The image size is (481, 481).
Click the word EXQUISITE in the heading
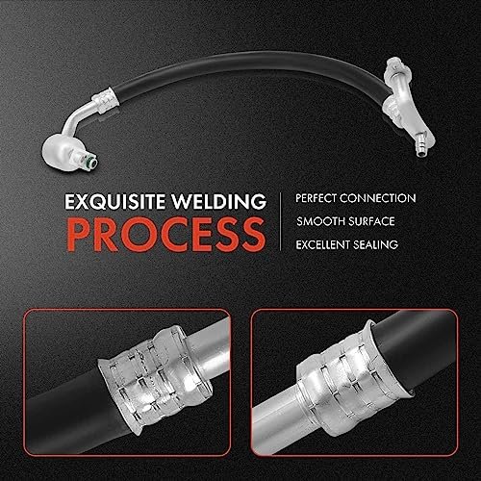point(115,201)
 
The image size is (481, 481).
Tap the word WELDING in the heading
point(218,201)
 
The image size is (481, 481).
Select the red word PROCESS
point(166,235)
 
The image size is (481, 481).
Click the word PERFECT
point(316,198)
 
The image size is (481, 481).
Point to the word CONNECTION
point(378,198)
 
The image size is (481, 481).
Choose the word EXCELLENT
point(322,245)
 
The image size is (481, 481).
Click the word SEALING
point(375,245)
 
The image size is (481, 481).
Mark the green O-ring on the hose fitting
point(92,161)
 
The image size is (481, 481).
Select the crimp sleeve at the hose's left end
point(103,100)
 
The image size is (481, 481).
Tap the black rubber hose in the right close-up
point(417,346)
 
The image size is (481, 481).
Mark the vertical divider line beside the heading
point(281,221)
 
